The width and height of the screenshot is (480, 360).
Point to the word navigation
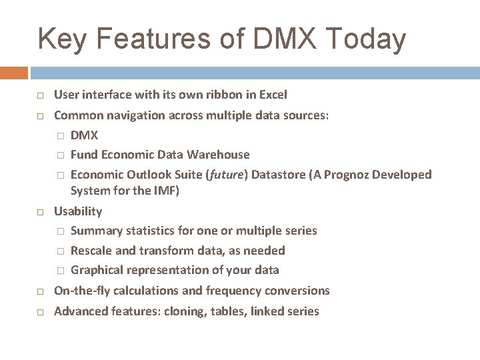[x=133, y=115]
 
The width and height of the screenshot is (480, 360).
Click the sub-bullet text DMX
[x=84, y=135]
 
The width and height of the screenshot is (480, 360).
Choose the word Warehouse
[x=218, y=155]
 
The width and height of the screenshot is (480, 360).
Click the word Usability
[x=78, y=211]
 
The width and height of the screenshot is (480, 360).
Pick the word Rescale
[x=91, y=251]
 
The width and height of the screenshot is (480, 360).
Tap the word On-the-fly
[x=82, y=291]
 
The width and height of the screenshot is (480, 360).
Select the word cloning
[x=185, y=311]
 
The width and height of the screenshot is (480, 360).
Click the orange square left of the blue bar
[x=14, y=73]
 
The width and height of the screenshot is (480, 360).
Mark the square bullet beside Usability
[x=40, y=212]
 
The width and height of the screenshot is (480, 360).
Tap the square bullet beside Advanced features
[x=40, y=312]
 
